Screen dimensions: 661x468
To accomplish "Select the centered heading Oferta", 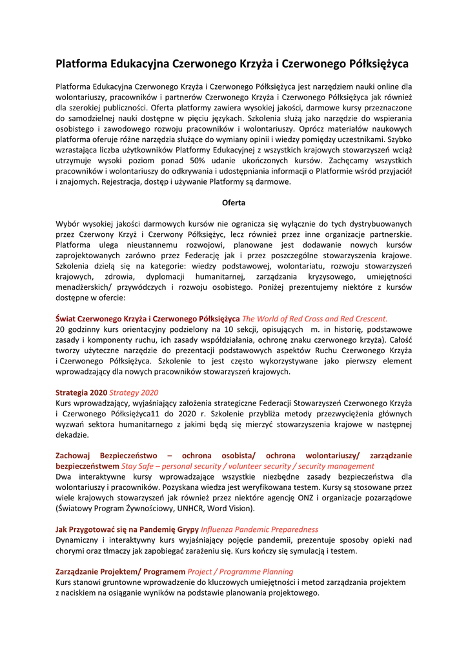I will click(234, 203).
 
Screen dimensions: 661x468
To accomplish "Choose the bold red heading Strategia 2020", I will click(81, 392).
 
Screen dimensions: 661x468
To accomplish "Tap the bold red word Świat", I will click(66, 318).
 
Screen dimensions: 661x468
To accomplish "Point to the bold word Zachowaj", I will click(74, 455).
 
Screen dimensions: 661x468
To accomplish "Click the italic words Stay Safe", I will click(138, 466).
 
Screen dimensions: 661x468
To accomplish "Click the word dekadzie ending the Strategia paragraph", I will click(72, 434).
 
